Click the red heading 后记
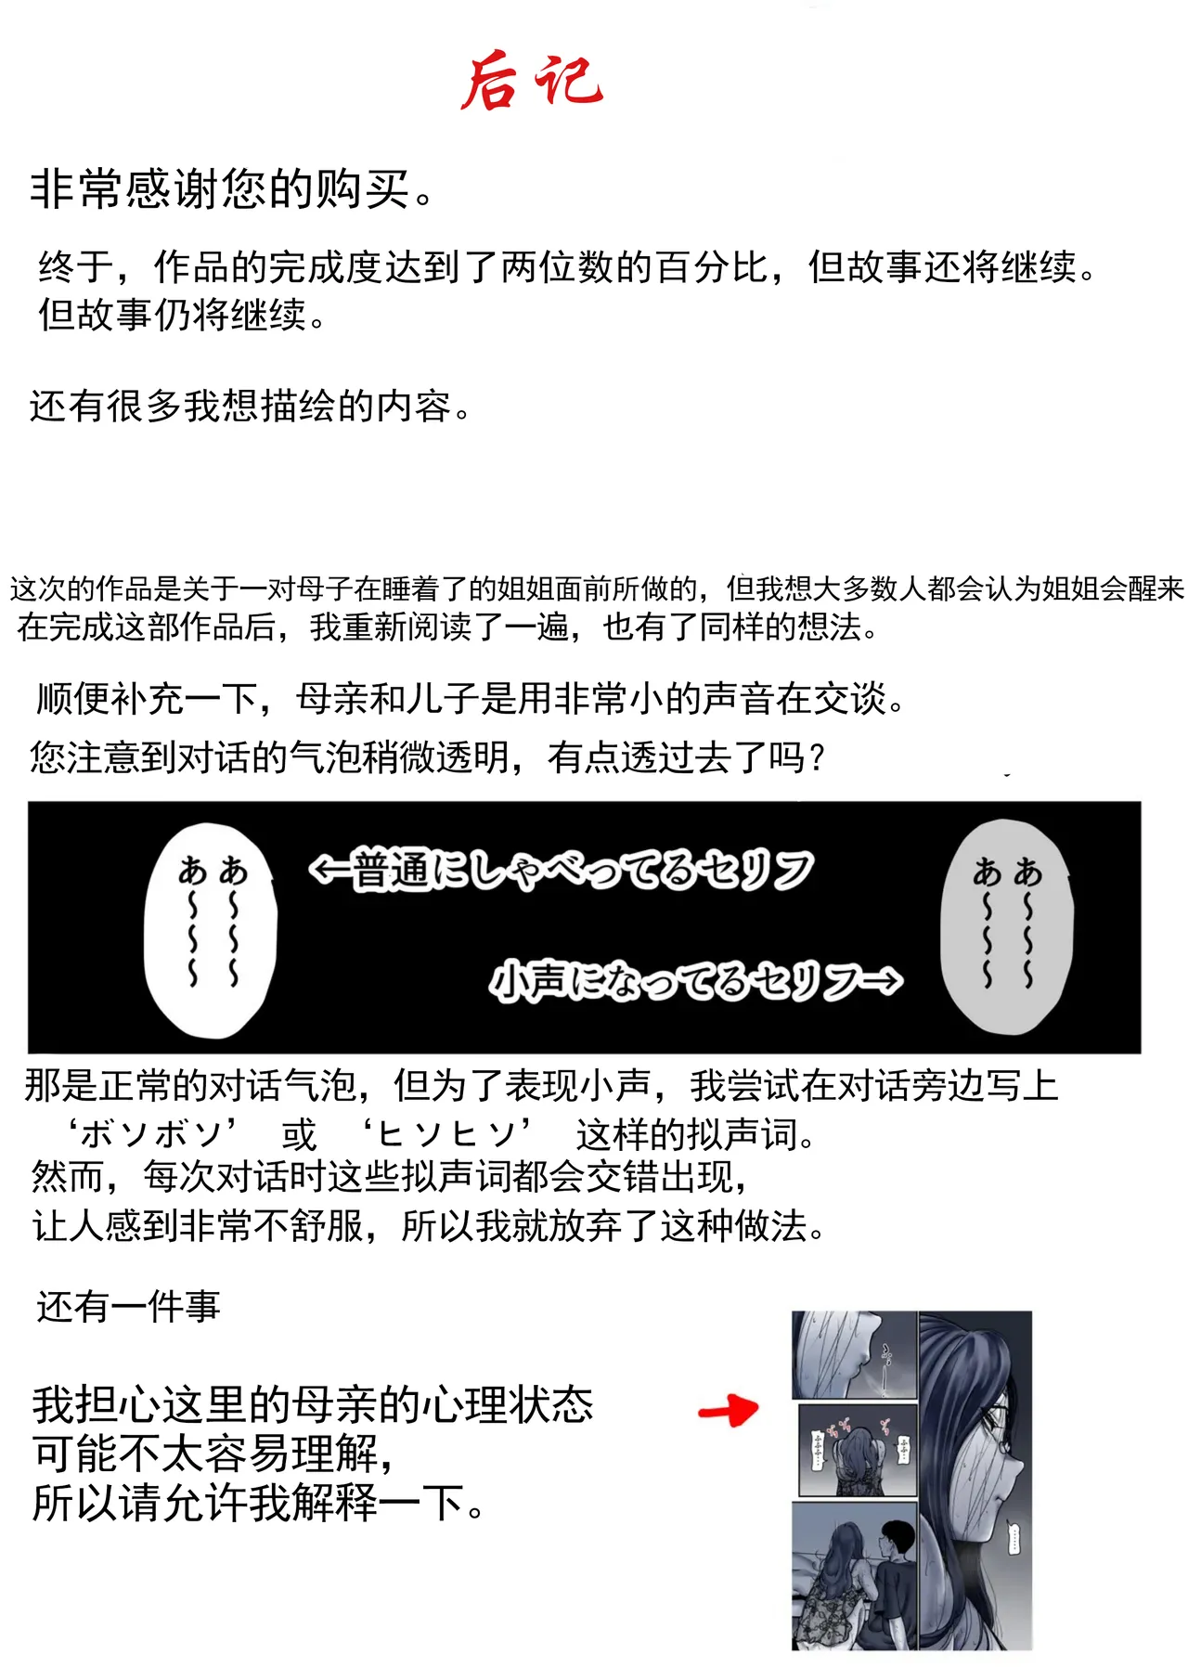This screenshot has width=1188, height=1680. coord(532,82)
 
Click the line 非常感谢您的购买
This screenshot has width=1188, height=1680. coord(232,190)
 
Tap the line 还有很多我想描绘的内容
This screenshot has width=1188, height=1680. coord(251,407)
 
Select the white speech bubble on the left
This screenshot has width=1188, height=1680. coord(211,929)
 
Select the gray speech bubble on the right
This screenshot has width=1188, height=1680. coord(1007,926)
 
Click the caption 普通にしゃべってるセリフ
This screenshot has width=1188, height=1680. coord(562,871)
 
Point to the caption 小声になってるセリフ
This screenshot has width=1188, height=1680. coord(696,982)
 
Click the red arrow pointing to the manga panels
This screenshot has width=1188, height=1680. coord(729,1411)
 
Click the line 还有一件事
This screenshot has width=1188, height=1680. coord(128,1307)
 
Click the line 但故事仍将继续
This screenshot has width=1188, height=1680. coord(182,316)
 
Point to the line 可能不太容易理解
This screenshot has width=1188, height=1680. coord(213,1454)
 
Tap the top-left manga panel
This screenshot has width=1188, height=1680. coord(854,1355)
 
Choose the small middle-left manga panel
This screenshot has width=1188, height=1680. coord(858,1450)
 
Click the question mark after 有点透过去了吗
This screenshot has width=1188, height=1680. coord(817,758)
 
